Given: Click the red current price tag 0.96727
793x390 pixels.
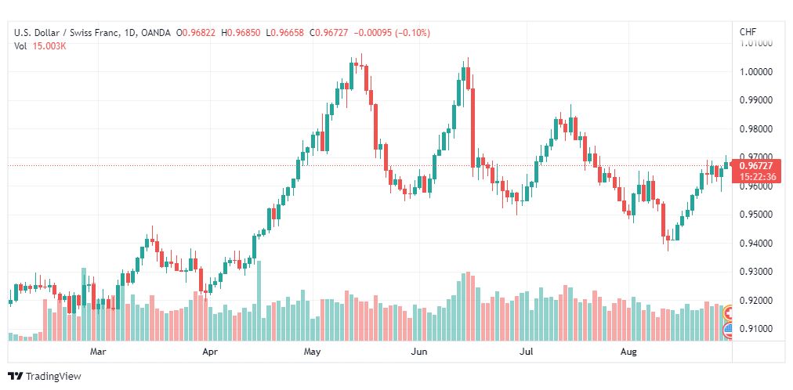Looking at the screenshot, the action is click(x=755, y=166).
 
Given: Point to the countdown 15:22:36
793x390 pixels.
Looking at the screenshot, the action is click(x=755, y=177).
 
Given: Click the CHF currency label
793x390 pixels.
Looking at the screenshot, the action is click(x=748, y=32).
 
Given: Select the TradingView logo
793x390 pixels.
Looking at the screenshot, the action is click(x=45, y=377).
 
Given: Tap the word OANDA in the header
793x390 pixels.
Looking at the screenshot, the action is click(x=156, y=33).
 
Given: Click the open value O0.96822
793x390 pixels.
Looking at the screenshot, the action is click(x=196, y=33).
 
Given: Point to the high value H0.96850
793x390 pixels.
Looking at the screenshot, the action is click(x=241, y=33).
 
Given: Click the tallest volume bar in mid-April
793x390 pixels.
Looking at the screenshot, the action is click(x=259, y=301).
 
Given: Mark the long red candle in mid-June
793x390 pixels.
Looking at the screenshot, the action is click(x=473, y=128).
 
